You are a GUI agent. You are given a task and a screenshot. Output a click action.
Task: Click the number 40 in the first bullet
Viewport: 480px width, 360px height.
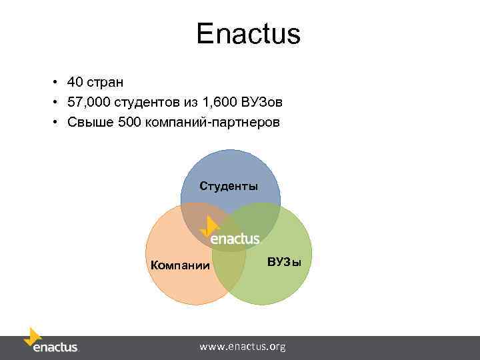coord(75,82)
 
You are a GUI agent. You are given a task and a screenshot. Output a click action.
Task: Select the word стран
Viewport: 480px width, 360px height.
coord(105,83)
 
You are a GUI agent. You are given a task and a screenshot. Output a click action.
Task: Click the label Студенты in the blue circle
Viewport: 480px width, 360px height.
coord(229,186)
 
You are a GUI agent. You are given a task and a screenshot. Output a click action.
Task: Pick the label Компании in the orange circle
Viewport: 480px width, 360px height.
coord(180,266)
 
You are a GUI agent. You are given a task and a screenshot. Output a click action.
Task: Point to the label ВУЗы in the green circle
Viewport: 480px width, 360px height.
coord(284,261)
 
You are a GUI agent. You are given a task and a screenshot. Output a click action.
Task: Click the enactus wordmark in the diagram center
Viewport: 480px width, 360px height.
coord(235,238)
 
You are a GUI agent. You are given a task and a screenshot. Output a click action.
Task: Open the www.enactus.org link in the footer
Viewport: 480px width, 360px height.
coord(243,347)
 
